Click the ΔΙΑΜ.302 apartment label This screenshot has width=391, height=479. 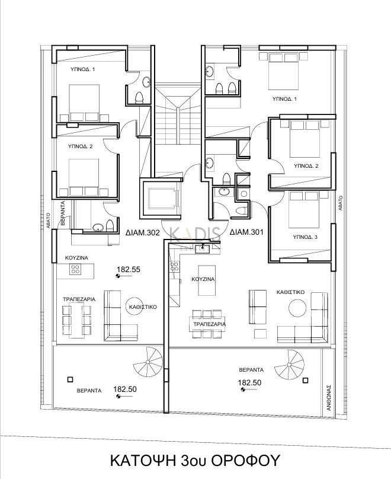(x=143, y=232)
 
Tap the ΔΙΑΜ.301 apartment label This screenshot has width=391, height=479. (x=246, y=232)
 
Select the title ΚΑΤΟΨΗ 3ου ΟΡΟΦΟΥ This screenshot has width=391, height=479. (x=195, y=460)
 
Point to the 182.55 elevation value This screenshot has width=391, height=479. (x=129, y=269)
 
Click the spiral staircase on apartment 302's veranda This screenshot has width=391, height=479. (x=148, y=362)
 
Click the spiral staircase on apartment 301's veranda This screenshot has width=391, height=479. (x=289, y=365)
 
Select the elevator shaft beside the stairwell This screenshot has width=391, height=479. (x=161, y=198)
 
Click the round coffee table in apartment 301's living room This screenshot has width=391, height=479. (x=297, y=308)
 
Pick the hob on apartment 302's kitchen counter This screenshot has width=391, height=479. (x=75, y=269)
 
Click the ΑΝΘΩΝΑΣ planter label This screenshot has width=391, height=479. (x=329, y=397)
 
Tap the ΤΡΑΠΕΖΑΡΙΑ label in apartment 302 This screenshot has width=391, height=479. (x=79, y=299)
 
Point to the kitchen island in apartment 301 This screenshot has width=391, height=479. (x=207, y=280)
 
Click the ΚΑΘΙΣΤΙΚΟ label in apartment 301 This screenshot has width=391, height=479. (x=290, y=292)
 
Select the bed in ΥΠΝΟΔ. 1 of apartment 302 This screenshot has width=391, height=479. (x=84, y=103)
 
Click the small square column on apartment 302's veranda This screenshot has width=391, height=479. (x=70, y=379)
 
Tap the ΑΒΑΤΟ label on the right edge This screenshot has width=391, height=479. (x=341, y=203)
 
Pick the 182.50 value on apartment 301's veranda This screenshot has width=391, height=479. (x=249, y=382)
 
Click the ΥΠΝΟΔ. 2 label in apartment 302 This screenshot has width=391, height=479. (x=81, y=146)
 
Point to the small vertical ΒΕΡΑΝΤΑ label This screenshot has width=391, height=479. (x=63, y=213)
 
